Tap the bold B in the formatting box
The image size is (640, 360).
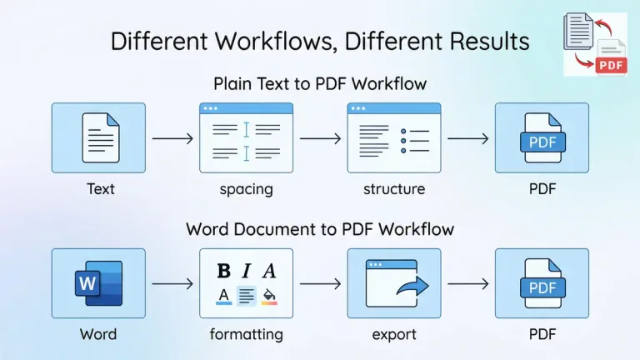pos(223,271)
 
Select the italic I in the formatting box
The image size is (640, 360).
pos(247,271)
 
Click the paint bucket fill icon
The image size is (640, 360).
pos(269,295)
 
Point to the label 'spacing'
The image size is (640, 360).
pos(246,189)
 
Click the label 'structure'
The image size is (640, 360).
pos(393,189)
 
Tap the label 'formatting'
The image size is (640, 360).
pos(246,335)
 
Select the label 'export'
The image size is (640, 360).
pos(393,335)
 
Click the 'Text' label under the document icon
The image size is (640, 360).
pos(100,189)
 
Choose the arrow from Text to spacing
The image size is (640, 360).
pos(172,138)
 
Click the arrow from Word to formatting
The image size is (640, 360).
pos(172,284)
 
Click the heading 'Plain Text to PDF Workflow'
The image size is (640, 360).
pos(320,83)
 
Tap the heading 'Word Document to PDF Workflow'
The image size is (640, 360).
pos(320,228)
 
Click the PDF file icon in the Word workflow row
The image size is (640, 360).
pos(542,284)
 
